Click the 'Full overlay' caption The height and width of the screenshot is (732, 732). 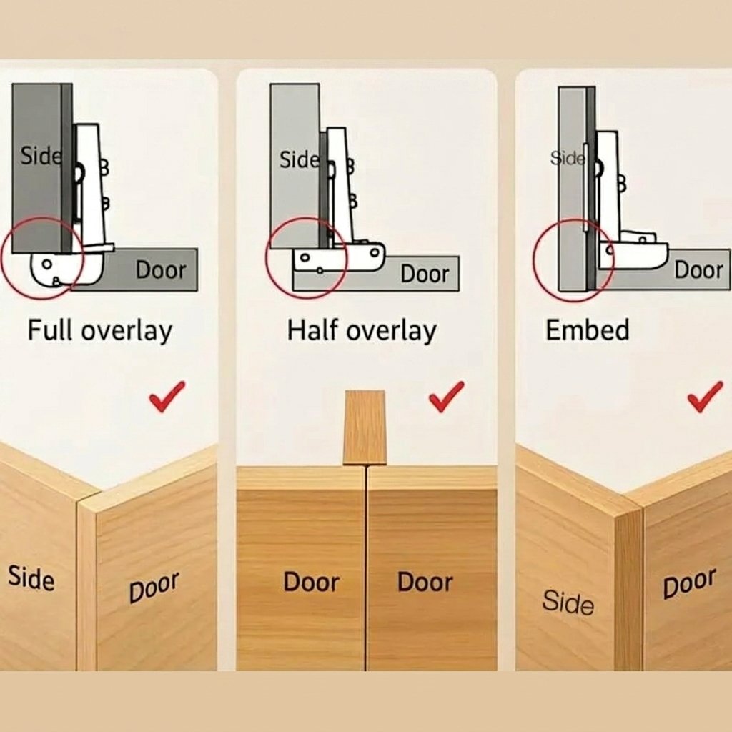coord(100,331)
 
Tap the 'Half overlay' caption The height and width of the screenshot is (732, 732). coord(362,331)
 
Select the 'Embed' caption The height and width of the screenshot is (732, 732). coord(588,330)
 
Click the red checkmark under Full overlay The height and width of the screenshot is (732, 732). coord(167,396)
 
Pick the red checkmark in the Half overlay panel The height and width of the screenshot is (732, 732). coord(447,396)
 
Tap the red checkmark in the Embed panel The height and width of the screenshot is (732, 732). coord(705,396)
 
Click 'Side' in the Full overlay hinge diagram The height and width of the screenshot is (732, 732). coord(41,155)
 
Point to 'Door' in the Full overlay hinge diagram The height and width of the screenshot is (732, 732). coord(161,269)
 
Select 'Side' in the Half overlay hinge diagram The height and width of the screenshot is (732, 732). coord(300,159)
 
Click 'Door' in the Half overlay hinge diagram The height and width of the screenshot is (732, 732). coord(425,274)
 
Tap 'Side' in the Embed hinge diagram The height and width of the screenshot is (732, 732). coord(567,158)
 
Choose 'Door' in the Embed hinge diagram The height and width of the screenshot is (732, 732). coord(698,269)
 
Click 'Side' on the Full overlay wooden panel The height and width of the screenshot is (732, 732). coord(31,578)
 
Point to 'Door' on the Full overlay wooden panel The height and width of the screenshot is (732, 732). coord(154,587)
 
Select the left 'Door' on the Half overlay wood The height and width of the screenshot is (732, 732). coord(312,582)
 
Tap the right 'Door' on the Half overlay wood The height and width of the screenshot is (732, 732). coord(425,582)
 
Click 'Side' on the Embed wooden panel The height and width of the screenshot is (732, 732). coord(568,602)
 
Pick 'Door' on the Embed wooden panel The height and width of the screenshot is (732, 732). coord(689,583)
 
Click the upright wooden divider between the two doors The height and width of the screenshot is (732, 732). coord(365,427)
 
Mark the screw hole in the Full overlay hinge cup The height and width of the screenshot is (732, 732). coord(46,264)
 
